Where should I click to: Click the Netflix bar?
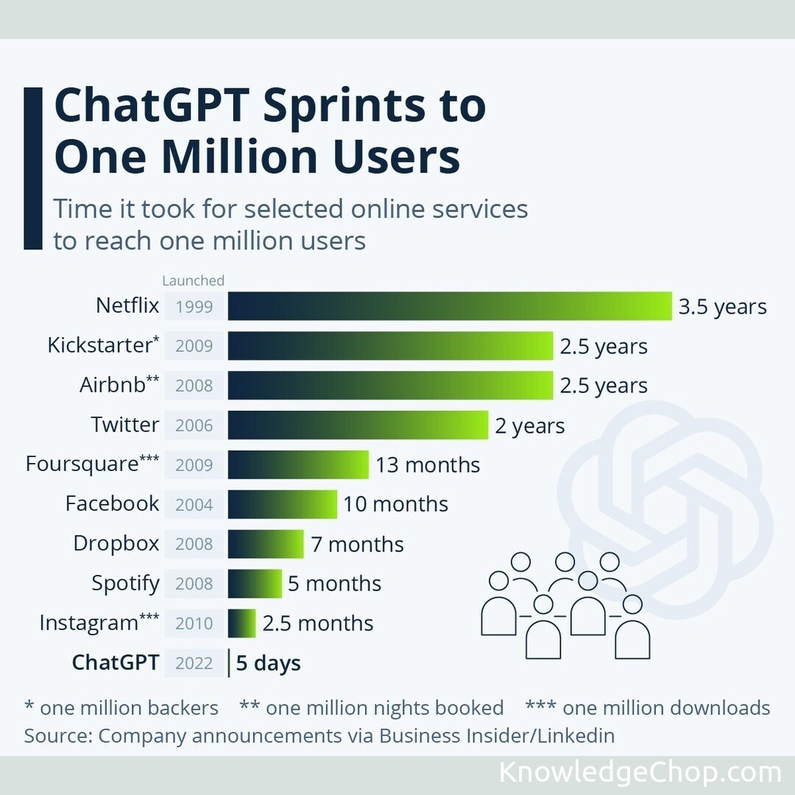[449, 306]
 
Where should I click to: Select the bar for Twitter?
[358, 425]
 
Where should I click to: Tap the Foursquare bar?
[298, 465]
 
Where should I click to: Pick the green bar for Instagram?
[241, 623]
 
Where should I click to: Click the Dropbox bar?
[265, 544]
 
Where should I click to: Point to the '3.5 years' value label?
[722, 307]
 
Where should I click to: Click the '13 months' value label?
[428, 465]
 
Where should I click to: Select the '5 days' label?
[268, 663]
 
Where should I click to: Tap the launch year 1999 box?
[194, 307]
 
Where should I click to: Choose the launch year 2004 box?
[194, 505]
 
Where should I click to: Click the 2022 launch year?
[194, 663]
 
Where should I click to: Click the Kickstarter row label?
[103, 345]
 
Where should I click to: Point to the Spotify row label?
[125, 584]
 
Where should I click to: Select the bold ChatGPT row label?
[115, 662]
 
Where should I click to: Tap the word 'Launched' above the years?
[193, 280]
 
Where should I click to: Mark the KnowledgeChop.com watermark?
[640, 773]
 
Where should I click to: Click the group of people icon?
[565, 606]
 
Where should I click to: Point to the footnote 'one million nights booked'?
[372, 708]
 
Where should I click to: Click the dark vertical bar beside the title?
[33, 169]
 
